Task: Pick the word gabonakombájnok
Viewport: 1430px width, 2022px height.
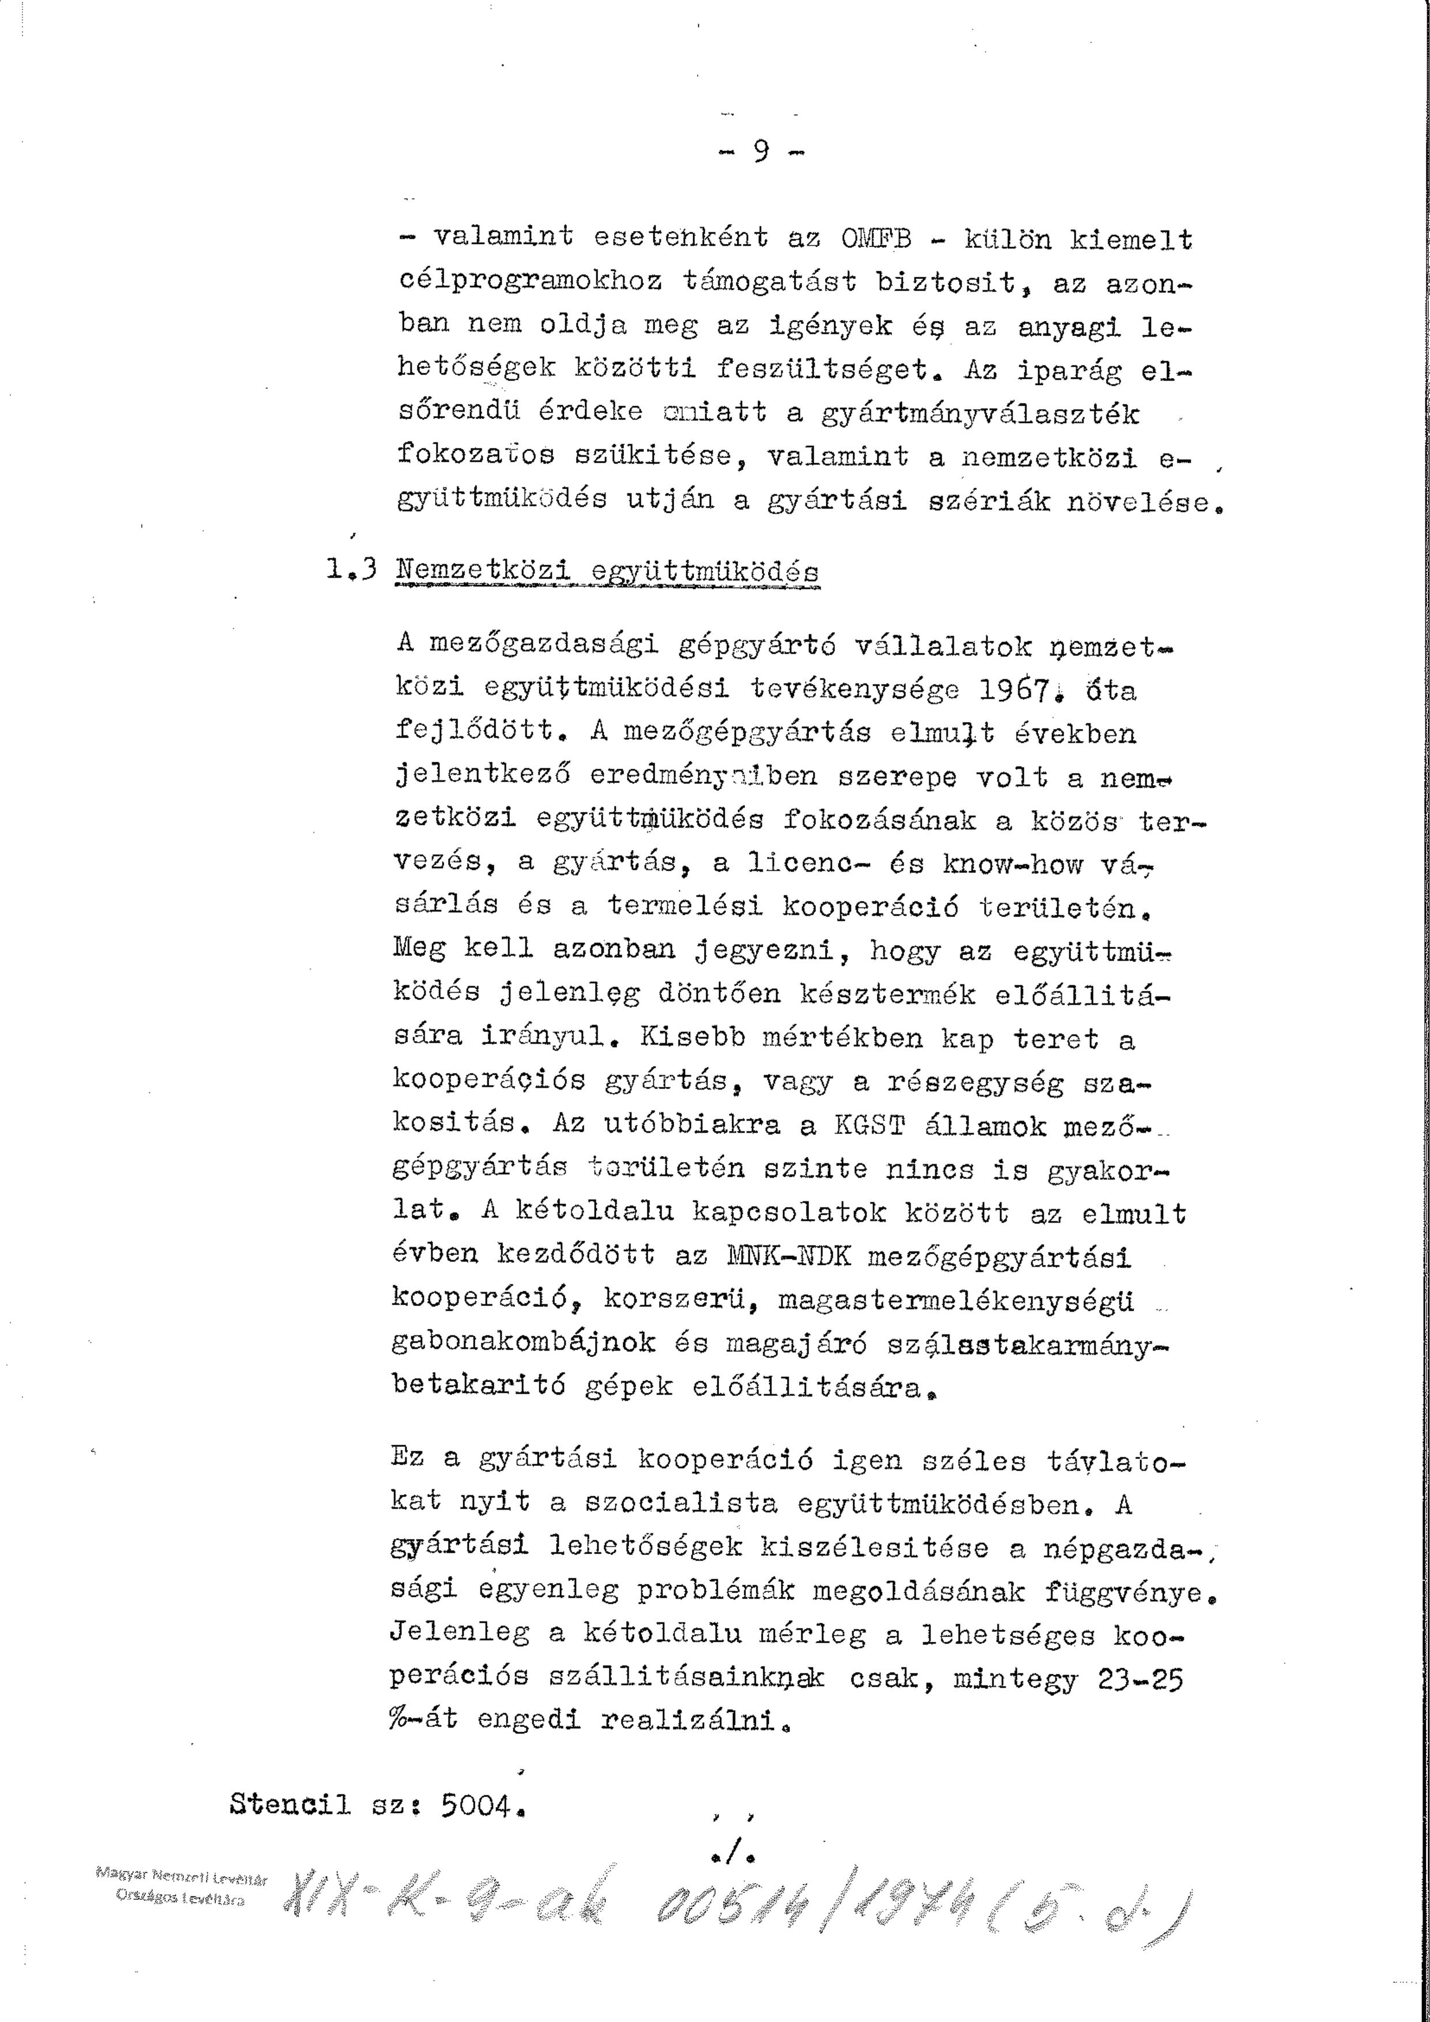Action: coord(523,1343)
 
